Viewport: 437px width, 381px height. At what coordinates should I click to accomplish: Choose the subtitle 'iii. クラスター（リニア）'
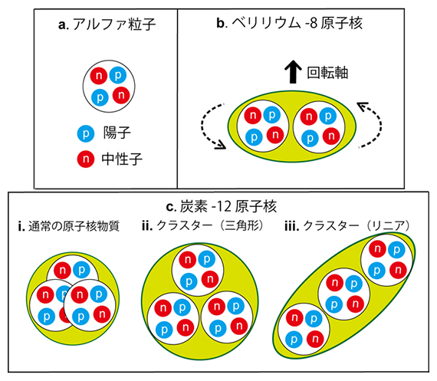click(352, 227)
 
